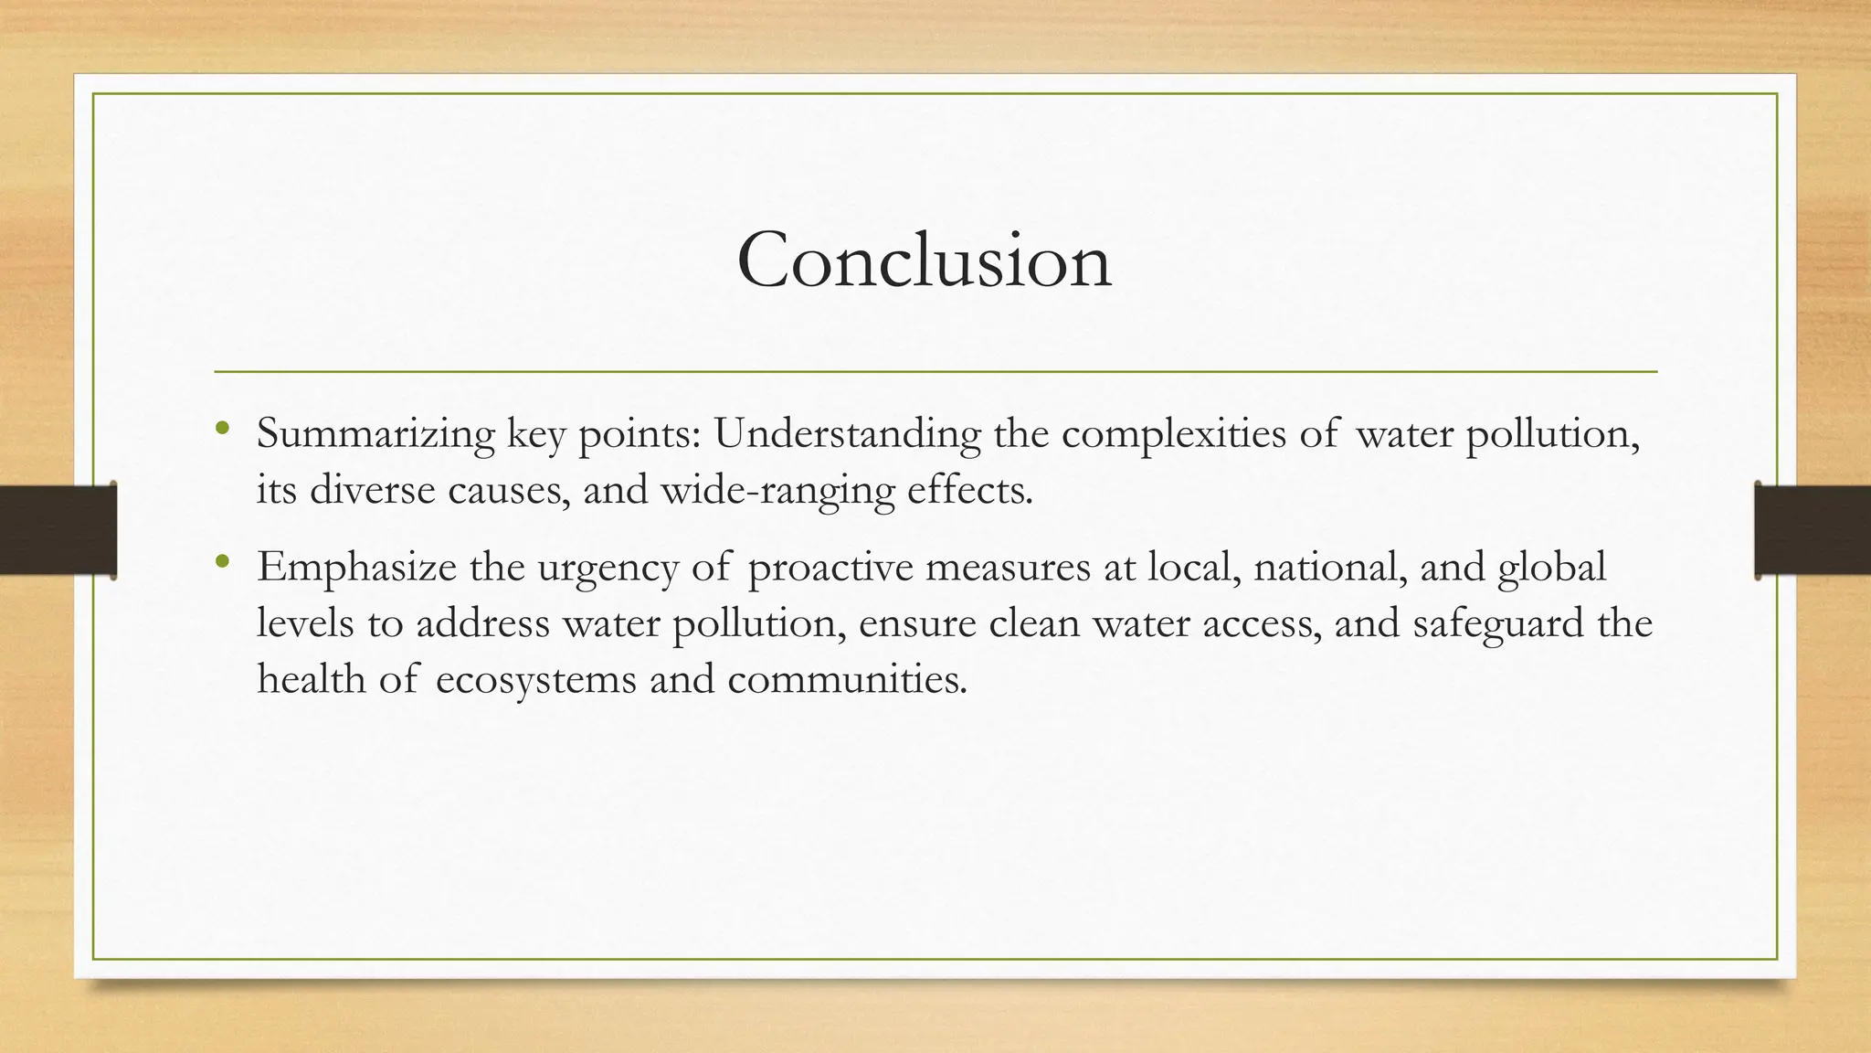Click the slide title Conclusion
point(924,261)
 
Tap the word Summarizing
point(375,434)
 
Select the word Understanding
point(847,434)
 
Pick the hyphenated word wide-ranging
point(777,492)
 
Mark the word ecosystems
point(535,680)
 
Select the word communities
point(847,680)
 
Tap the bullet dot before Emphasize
point(223,561)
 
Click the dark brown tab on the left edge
point(58,530)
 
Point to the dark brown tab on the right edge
point(1813,530)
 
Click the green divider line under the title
point(935,372)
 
